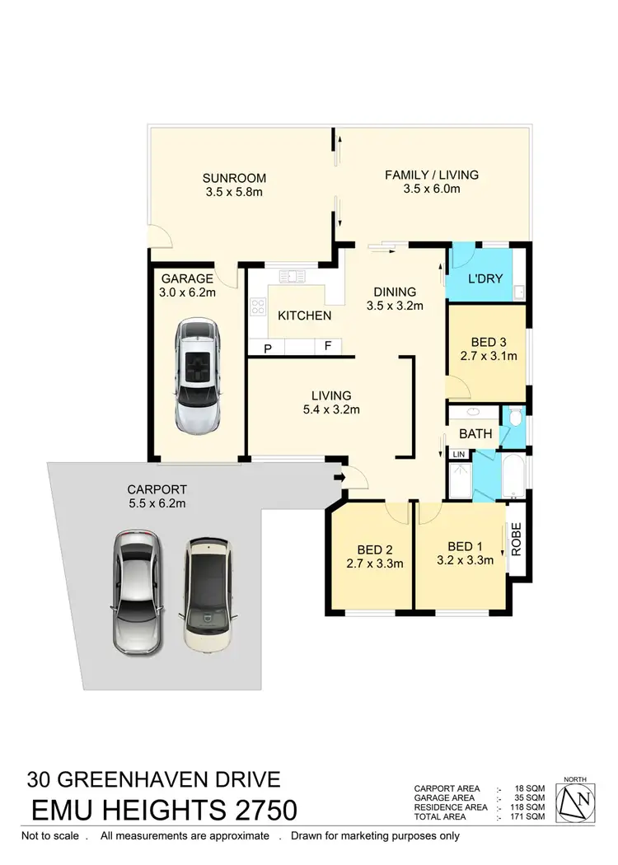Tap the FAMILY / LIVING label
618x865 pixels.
(x=432, y=175)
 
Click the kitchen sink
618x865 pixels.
(x=291, y=276)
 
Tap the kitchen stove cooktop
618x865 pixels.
(x=258, y=306)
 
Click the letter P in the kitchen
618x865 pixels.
(x=268, y=348)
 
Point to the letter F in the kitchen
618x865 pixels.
(x=327, y=346)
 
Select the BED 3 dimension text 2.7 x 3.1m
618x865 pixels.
(x=488, y=356)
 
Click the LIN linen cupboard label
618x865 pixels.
(x=458, y=455)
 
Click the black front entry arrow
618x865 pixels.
(x=339, y=476)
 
